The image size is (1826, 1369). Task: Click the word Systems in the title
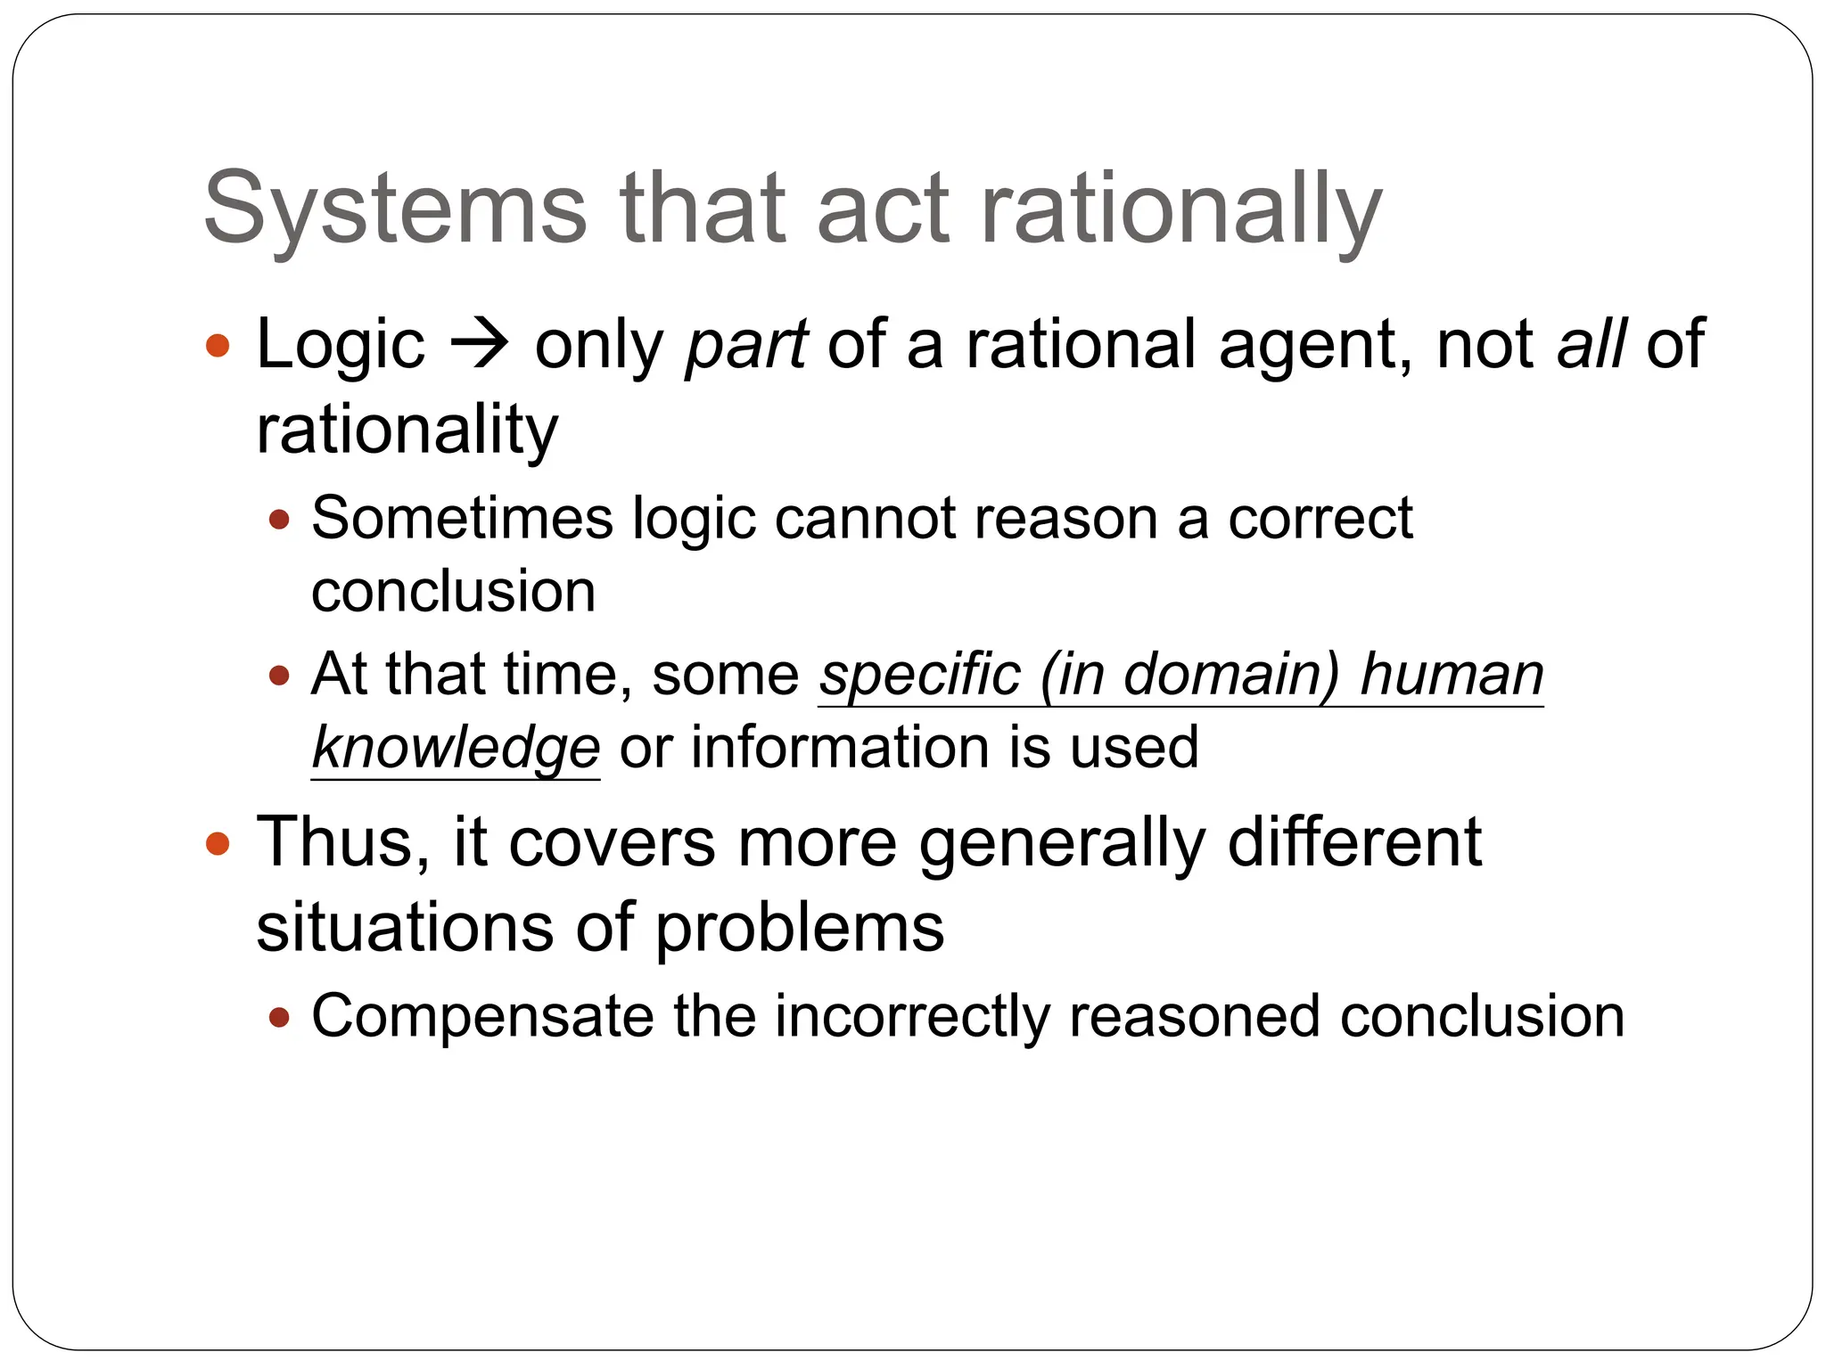point(395,209)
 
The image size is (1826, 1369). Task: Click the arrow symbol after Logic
point(479,345)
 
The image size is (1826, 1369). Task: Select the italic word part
point(746,345)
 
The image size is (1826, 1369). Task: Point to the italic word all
point(1592,343)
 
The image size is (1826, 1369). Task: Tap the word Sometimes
point(462,518)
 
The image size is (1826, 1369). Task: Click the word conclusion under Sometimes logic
point(453,592)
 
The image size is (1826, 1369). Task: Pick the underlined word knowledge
point(456,747)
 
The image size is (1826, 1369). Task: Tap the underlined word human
point(1452,675)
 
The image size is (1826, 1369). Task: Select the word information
point(839,747)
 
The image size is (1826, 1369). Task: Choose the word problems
point(800,928)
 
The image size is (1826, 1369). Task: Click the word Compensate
point(482,1017)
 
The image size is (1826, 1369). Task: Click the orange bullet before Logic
point(218,346)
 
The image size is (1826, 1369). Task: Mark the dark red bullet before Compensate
point(279,1017)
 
